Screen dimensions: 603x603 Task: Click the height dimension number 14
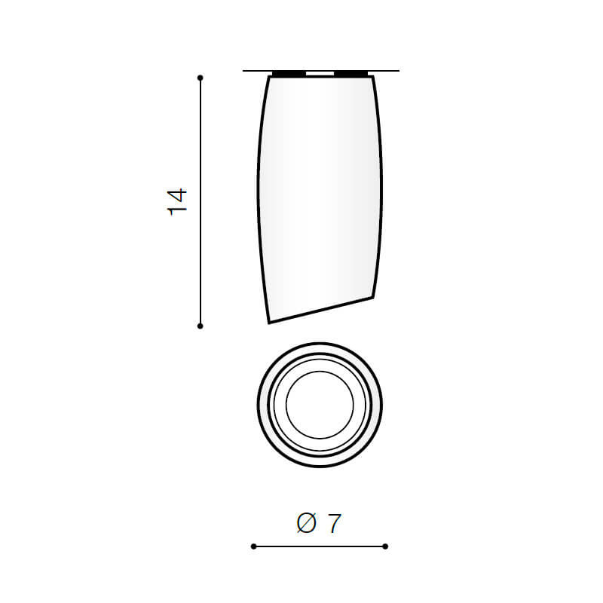pos(177,202)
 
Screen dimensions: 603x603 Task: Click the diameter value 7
pos(334,523)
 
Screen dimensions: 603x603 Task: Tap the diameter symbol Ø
pos(307,523)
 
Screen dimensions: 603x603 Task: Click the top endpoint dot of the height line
pos(200,78)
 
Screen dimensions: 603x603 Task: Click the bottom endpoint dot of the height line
pos(200,326)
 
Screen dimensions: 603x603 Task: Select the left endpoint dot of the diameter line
pos(253,546)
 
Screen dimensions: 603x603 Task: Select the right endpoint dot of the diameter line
pos(385,546)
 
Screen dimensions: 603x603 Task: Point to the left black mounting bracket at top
pos(289,73)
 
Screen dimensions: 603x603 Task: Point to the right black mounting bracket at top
pos(350,73)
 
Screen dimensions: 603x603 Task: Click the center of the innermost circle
pos(320,405)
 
